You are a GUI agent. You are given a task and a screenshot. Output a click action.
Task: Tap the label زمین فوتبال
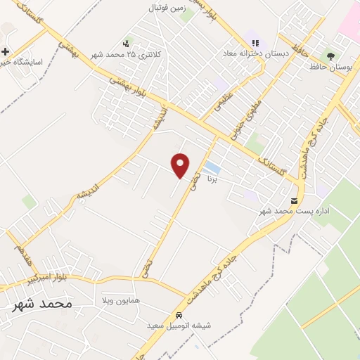pos(165,8)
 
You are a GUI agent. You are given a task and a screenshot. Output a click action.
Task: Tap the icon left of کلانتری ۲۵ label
pos(127,43)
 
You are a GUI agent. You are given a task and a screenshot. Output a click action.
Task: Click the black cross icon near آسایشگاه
pos(6,51)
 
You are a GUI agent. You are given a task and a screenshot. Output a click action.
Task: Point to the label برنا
pos(213,179)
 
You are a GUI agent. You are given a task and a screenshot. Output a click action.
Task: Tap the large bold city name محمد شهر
pos(42,304)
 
